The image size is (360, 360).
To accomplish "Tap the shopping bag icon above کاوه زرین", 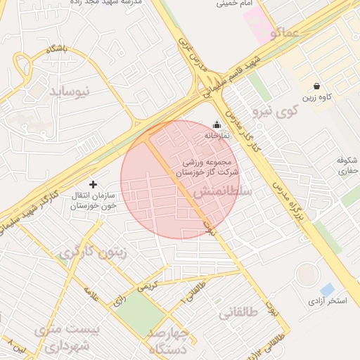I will point(317,86).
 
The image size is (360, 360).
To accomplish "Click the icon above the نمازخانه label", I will point(216,124).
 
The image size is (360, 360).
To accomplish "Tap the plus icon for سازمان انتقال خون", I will point(94,184).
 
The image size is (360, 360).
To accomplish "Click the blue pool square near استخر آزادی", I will point(327,290).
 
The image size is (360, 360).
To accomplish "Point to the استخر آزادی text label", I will point(328,302).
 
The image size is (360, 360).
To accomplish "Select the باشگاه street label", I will point(56,50).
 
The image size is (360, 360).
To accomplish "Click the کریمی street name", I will point(148,287).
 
